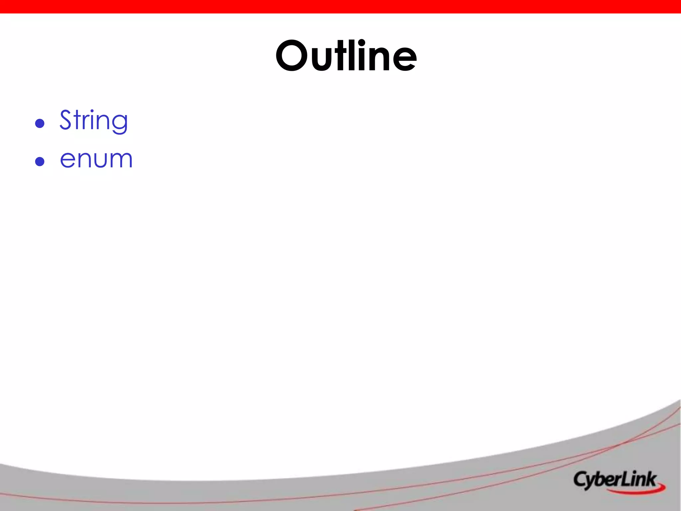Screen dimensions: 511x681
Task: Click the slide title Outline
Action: tap(346, 56)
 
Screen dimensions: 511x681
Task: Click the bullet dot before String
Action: tap(40, 123)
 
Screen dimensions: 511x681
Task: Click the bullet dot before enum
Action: tap(40, 162)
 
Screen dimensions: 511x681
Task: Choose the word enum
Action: tap(96, 159)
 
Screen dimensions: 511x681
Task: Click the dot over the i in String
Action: tap(92, 111)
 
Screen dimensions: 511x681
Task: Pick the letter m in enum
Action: tap(120, 160)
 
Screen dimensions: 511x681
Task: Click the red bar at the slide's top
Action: tap(340, 6)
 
